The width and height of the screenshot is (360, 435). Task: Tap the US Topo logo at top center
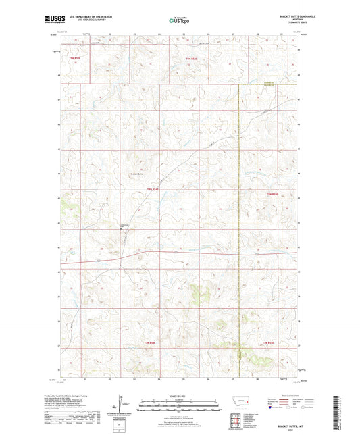click(x=179, y=21)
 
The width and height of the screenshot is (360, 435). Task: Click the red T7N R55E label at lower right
click(x=270, y=344)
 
